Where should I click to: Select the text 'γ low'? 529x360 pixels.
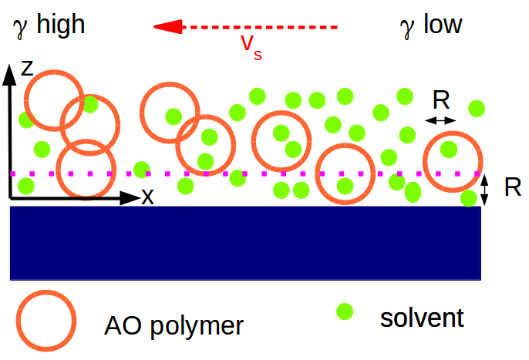(431, 25)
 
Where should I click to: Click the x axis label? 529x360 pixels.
(147, 197)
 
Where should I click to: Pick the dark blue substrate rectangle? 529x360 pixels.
(246, 242)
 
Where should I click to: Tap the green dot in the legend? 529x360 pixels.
(345, 312)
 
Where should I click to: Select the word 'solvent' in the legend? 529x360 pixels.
(422, 317)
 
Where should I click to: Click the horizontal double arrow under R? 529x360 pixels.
(440, 119)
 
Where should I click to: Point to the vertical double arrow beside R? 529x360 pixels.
(485, 190)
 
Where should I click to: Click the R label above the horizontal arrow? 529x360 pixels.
(441, 99)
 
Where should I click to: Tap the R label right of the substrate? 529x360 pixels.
(512, 187)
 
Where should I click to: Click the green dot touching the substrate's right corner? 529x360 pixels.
(468, 198)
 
